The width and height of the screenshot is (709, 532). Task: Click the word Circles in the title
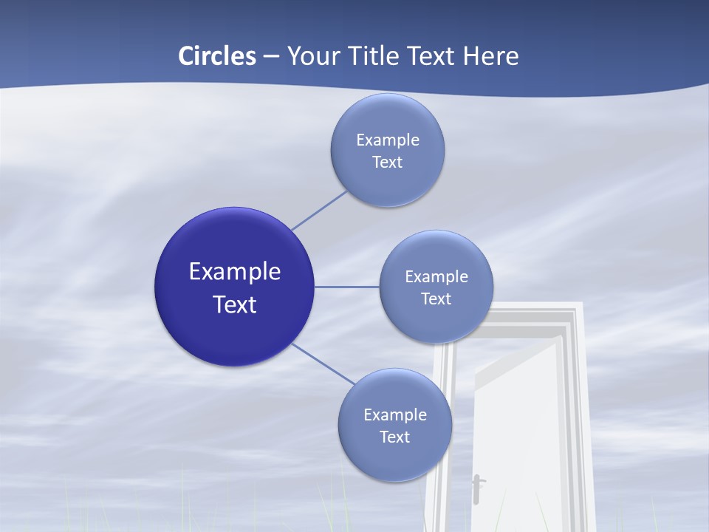(217, 56)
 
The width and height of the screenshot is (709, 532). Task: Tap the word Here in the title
(490, 56)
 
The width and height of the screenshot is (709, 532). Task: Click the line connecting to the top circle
(319, 211)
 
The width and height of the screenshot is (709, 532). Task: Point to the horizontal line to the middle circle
(346, 287)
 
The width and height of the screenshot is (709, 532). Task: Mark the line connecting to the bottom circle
(323, 364)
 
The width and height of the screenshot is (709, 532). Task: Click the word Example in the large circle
(234, 271)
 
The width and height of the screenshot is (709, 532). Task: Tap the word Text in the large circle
(234, 304)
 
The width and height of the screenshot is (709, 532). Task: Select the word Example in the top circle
(387, 140)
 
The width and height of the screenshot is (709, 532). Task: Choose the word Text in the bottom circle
(394, 437)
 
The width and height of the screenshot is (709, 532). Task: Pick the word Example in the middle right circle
(436, 276)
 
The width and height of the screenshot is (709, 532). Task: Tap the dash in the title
(271, 57)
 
